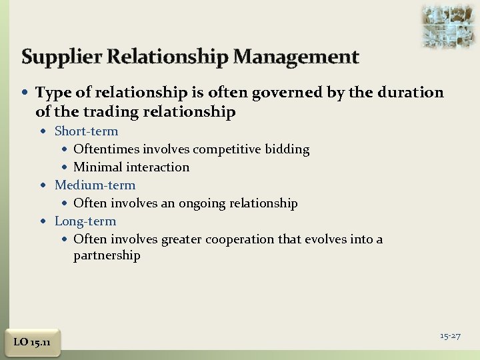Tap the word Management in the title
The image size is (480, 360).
coord(296,57)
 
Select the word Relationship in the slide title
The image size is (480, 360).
coord(165,57)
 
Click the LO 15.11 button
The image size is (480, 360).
coord(32,342)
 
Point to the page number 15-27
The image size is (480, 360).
coord(450,335)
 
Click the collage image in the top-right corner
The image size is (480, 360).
coord(448,25)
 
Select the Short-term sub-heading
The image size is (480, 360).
coord(86,131)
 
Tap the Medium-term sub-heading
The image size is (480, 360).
coord(95,185)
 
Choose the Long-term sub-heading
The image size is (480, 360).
coord(85,221)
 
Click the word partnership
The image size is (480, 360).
coord(107,256)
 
